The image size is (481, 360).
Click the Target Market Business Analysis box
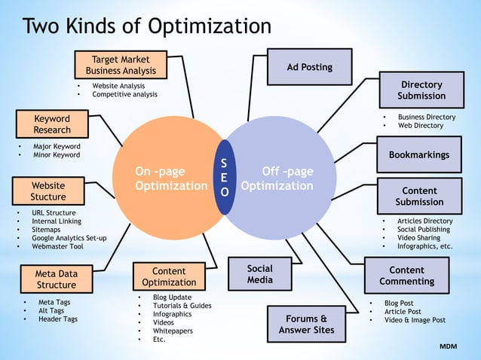coord(121,65)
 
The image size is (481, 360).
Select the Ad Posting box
coord(309,67)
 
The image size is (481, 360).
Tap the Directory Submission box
coord(421,90)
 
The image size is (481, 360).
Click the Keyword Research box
coord(52,124)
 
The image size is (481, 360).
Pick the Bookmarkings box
coord(418,155)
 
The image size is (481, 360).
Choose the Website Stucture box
coord(48,191)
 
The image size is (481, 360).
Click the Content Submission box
coord(418,197)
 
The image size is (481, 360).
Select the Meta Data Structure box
coord(57,279)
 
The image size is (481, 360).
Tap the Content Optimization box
coord(169,276)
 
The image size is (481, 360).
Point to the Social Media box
coord(259,274)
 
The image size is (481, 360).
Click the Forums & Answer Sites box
coord(306,324)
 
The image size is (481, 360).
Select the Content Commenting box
coord(406,276)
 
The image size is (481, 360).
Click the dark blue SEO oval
coord(224,177)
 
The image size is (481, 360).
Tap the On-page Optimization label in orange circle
coord(170,178)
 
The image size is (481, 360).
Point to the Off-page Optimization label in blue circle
coord(278,178)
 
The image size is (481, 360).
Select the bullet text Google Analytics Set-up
coord(69,238)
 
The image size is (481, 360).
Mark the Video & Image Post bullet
coord(415,320)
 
